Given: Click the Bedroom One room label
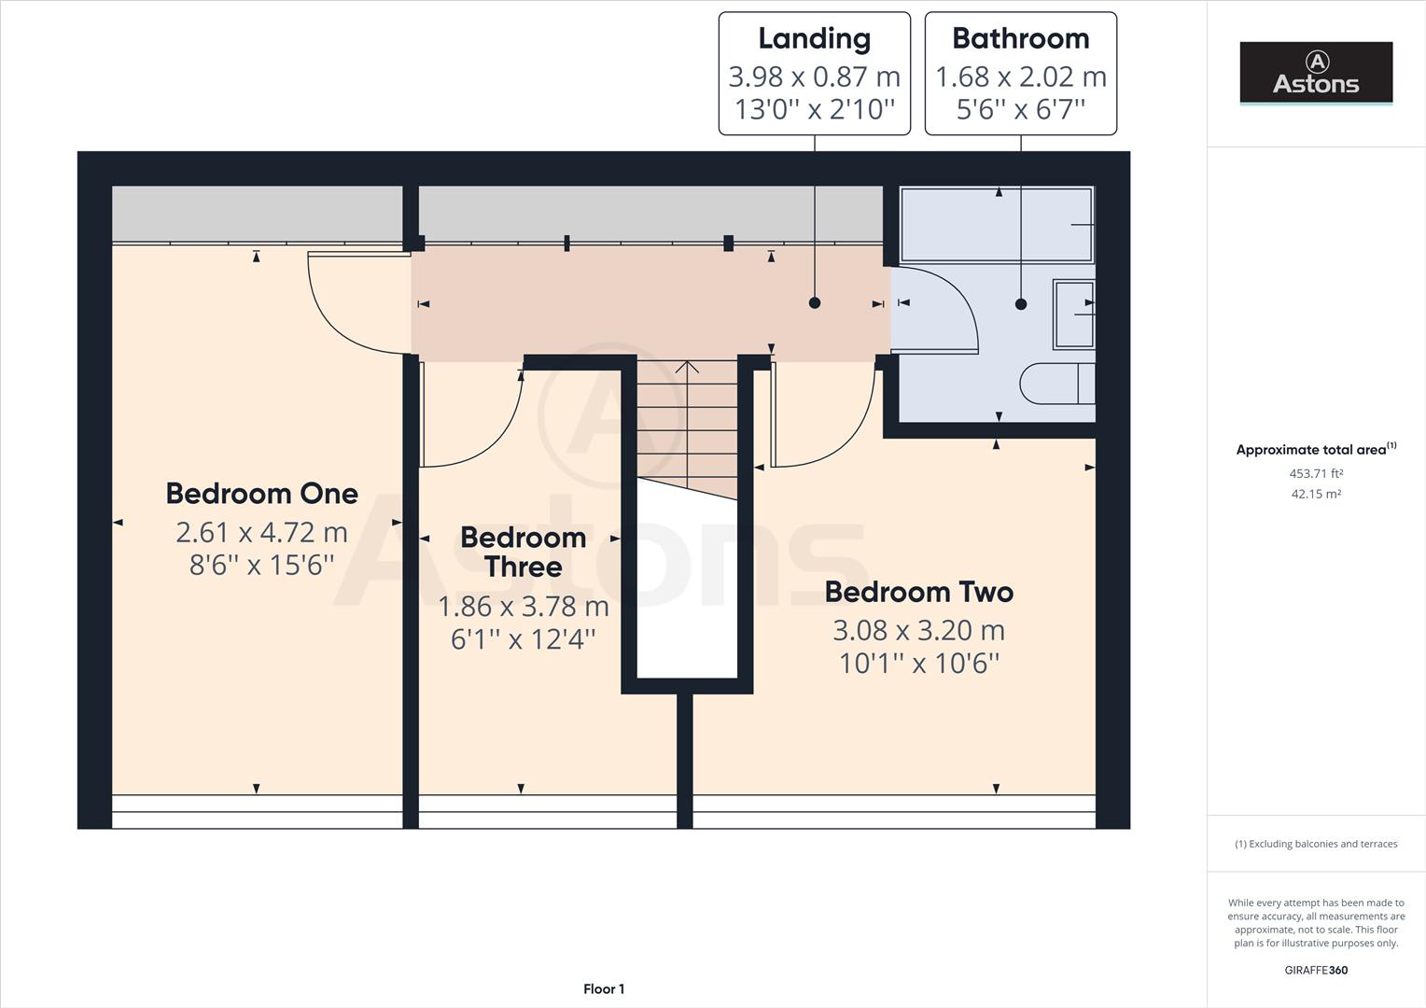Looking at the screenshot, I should point(261,493).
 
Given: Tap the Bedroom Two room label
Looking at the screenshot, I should point(918,592).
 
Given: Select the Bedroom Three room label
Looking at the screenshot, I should point(523,552).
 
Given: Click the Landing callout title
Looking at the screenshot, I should point(814,38).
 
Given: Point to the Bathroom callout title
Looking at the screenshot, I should point(1020,38).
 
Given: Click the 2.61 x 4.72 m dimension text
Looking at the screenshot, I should point(261,532).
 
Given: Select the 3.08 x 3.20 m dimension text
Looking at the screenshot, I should point(918,630).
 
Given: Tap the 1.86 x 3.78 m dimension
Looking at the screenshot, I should point(523,607).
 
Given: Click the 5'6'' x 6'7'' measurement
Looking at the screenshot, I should point(1020,109).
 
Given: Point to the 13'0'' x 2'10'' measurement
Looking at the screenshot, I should point(814,109).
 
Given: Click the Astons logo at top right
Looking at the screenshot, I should point(1316,73).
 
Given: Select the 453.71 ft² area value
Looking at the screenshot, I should point(1316,473).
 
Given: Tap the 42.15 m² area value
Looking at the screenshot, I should point(1316,494).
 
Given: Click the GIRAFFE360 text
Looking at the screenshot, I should point(1316,970).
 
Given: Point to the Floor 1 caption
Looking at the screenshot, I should point(604,988).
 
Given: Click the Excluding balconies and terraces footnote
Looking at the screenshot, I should point(1316,844).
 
